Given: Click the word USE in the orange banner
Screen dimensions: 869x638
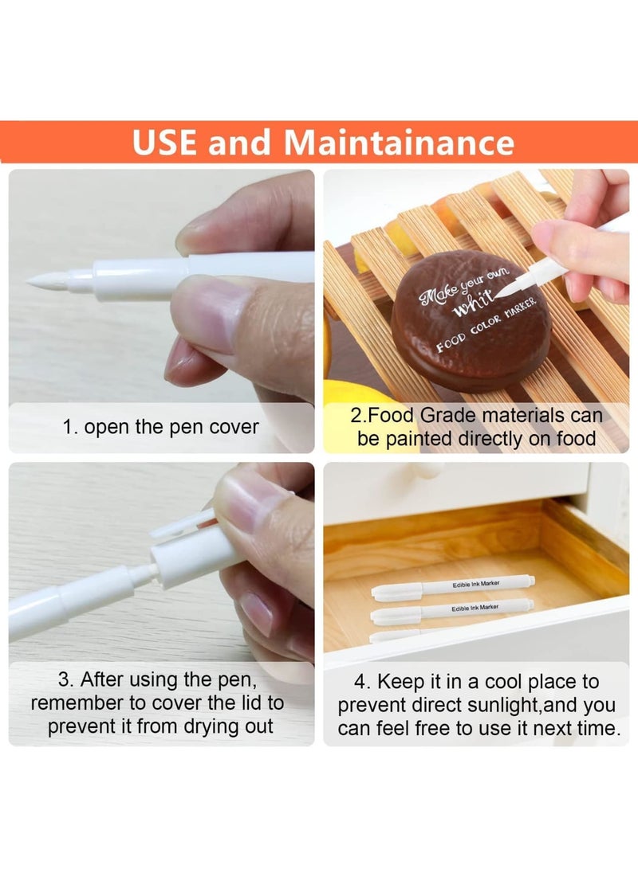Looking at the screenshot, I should point(163,143).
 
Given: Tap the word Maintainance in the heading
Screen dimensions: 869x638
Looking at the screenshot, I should point(399,143).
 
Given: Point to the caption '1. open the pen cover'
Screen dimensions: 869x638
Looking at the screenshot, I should point(160,427).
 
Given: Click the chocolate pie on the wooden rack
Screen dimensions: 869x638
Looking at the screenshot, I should point(470,319).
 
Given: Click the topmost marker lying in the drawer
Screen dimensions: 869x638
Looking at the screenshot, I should point(452,588).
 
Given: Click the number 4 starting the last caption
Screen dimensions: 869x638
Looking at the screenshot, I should point(360,682).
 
